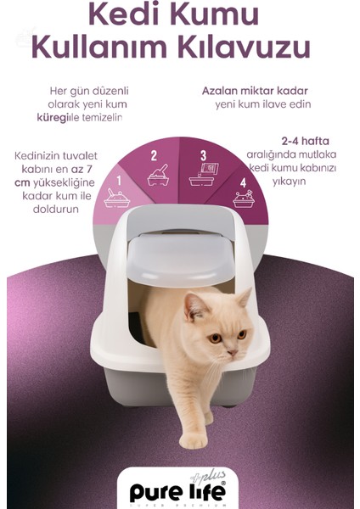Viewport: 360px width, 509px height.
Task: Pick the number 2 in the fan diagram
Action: (154, 155)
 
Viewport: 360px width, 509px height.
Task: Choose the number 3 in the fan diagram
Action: (203, 155)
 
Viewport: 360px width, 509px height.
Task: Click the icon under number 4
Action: (244, 200)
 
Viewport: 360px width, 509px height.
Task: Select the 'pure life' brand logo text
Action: (180, 489)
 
